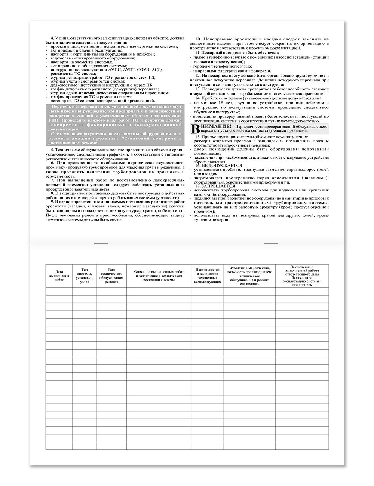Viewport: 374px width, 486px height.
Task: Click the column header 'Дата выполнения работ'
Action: [59, 276]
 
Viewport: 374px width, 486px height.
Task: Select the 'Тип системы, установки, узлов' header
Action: [85, 275]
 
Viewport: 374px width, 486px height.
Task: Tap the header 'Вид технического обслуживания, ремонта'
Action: [111, 276]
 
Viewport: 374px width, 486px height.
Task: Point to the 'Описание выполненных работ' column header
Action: [159, 273]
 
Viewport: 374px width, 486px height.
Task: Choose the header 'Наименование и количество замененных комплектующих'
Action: [207, 276]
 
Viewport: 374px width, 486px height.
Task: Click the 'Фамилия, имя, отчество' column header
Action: [249, 276]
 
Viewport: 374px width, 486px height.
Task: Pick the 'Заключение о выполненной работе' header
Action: [302, 276]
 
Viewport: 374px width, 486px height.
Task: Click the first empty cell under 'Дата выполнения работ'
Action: [59, 291]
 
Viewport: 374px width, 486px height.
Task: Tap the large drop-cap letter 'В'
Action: [194, 129]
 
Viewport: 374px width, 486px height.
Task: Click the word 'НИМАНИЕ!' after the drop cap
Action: [211, 127]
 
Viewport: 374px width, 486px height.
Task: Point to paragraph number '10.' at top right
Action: [199, 39]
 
